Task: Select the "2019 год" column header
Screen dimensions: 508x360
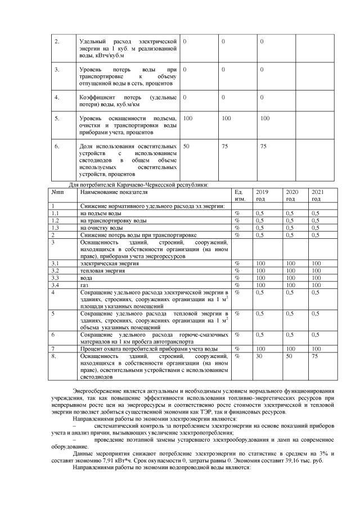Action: coord(262,195)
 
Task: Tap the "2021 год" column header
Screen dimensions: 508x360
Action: coord(317,195)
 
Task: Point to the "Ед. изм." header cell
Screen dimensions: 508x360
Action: coord(240,195)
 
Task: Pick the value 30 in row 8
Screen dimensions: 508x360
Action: coord(259,356)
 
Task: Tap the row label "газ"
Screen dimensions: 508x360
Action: coord(84,285)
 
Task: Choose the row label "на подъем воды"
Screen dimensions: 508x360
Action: coord(100,214)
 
